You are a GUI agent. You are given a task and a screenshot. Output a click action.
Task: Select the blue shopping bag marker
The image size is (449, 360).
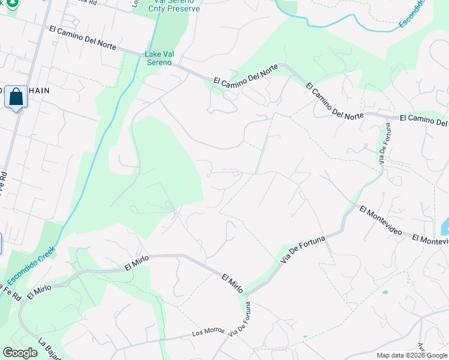16,97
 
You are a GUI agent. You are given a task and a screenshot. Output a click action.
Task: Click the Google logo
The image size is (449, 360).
20,353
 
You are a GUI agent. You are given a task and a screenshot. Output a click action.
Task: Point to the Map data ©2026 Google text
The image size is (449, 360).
412,355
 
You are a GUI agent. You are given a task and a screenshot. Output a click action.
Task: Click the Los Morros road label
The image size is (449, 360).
208,331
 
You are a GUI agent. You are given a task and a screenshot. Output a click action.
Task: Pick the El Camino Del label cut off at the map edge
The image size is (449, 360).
424,121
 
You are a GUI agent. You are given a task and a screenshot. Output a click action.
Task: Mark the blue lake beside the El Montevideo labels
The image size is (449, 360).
445,227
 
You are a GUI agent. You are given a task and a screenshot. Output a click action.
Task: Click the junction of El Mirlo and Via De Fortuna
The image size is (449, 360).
246,295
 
